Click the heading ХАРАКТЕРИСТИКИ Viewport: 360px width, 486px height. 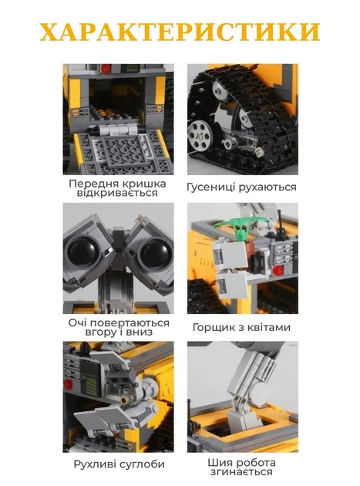point(180,32)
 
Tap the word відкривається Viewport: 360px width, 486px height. point(117,194)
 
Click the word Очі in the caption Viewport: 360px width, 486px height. point(79,322)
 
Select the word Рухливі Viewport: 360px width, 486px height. point(96,464)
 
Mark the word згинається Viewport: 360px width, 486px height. point(242,472)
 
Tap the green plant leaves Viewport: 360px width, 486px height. point(237,225)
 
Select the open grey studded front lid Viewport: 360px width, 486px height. point(118,151)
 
